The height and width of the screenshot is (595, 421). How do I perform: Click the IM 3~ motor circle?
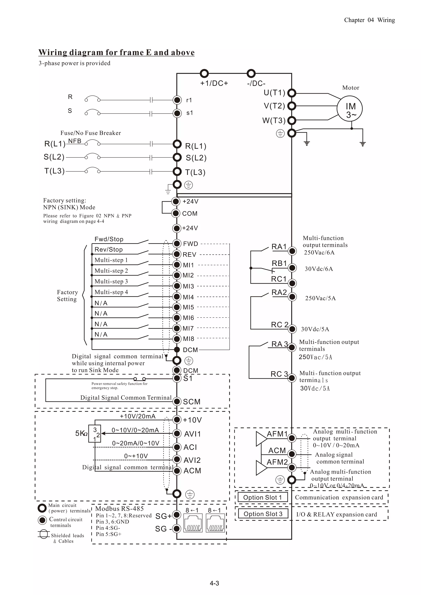pyautogui.click(x=349, y=109)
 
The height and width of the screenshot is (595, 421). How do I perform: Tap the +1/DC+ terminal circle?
pyautogui.click(x=204, y=74)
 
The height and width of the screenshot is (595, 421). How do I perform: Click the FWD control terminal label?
pyautogui.click(x=190, y=244)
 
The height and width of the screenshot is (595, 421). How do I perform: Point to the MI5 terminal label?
pyautogui.click(x=188, y=307)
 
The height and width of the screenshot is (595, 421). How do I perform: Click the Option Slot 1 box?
pyautogui.click(x=262, y=497)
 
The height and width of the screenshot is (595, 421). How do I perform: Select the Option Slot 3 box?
pyautogui.click(x=263, y=514)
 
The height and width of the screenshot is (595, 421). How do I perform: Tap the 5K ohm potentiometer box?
pyautogui.click(x=95, y=434)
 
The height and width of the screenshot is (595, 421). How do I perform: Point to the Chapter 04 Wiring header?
pyautogui.click(x=369, y=20)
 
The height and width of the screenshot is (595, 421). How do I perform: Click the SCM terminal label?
pyautogui.click(x=192, y=402)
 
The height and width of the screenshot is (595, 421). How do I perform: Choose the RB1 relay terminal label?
pyautogui.click(x=279, y=263)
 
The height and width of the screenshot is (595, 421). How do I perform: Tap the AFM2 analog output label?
pyautogui.click(x=277, y=462)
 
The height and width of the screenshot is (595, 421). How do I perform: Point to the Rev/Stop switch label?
pyautogui.click(x=108, y=250)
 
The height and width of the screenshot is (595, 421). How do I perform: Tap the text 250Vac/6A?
pyautogui.click(x=319, y=252)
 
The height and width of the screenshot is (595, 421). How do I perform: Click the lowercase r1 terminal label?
pyautogui.click(x=189, y=100)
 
